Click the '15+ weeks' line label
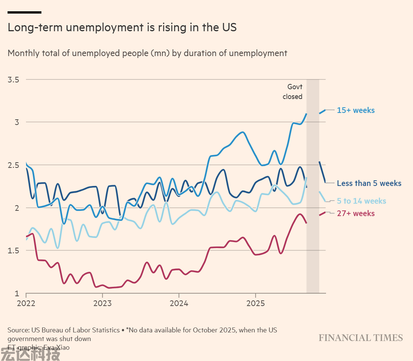(x=356, y=110)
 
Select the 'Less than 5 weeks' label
(x=369, y=183)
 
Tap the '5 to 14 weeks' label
(x=361, y=201)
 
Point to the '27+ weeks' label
(x=356, y=213)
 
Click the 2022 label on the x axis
(x=26, y=303)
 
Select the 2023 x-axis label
(x=102, y=303)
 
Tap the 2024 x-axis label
(x=179, y=303)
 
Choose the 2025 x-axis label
(x=255, y=303)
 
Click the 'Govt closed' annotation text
(x=293, y=92)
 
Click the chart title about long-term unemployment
(x=122, y=28)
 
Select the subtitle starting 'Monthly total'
(x=147, y=53)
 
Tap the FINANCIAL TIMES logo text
(x=361, y=338)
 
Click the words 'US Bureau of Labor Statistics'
(x=77, y=330)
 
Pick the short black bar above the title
(x=24, y=12)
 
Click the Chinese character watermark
(x=30, y=355)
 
